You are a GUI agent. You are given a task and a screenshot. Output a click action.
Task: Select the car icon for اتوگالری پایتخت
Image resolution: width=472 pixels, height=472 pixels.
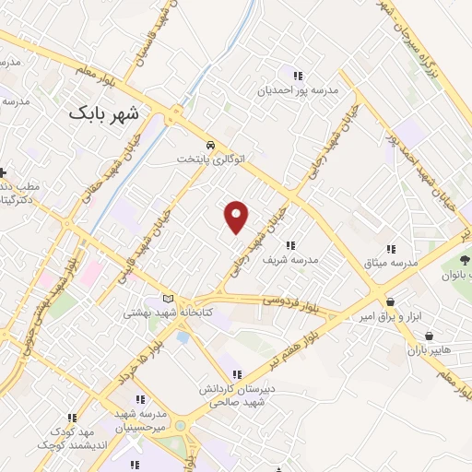[x=211, y=145]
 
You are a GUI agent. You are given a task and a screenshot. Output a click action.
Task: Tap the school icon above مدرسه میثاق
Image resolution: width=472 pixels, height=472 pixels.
[x=391, y=249]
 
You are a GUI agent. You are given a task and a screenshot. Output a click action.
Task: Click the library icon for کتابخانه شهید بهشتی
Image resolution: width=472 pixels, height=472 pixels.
[x=168, y=299]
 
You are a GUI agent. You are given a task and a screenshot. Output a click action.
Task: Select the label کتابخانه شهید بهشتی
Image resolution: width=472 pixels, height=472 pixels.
[x=168, y=313]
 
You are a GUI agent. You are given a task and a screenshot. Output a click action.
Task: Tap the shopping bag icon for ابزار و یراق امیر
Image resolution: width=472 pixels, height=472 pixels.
[x=391, y=301]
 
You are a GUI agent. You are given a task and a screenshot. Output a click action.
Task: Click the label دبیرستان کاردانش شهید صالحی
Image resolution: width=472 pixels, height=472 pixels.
[x=242, y=395]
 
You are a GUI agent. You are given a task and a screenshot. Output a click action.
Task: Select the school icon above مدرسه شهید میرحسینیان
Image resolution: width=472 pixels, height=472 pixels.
[x=141, y=399]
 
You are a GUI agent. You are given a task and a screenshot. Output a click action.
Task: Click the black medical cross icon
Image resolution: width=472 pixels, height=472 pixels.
[x=4, y=172]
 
